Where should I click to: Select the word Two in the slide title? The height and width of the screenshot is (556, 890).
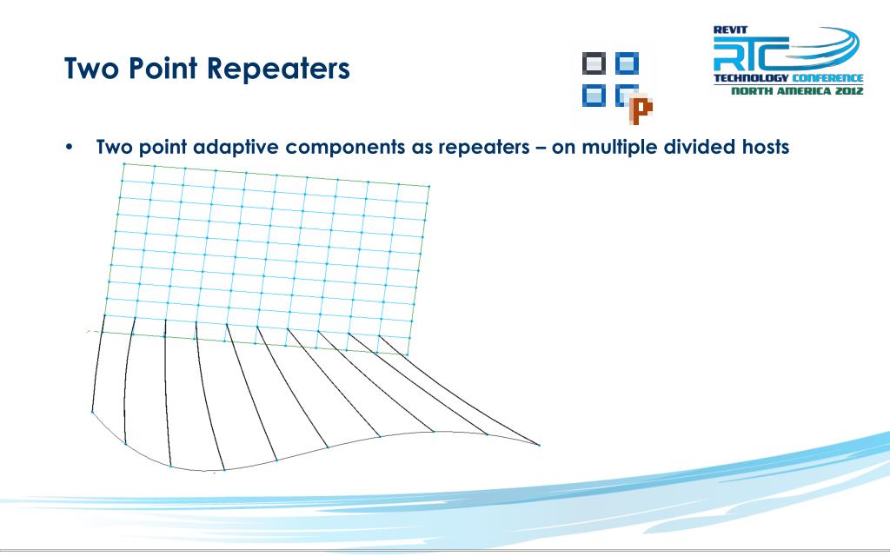[92, 68]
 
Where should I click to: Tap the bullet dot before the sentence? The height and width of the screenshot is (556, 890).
[70, 147]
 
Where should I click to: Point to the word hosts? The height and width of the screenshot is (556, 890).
[760, 146]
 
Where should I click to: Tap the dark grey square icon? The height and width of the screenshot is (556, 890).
[594, 63]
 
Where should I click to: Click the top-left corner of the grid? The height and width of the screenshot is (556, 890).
[123, 163]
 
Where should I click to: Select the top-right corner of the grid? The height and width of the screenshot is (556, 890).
[428, 186]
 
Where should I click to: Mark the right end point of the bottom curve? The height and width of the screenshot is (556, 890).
[539, 446]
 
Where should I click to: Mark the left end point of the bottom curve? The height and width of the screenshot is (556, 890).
[92, 412]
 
